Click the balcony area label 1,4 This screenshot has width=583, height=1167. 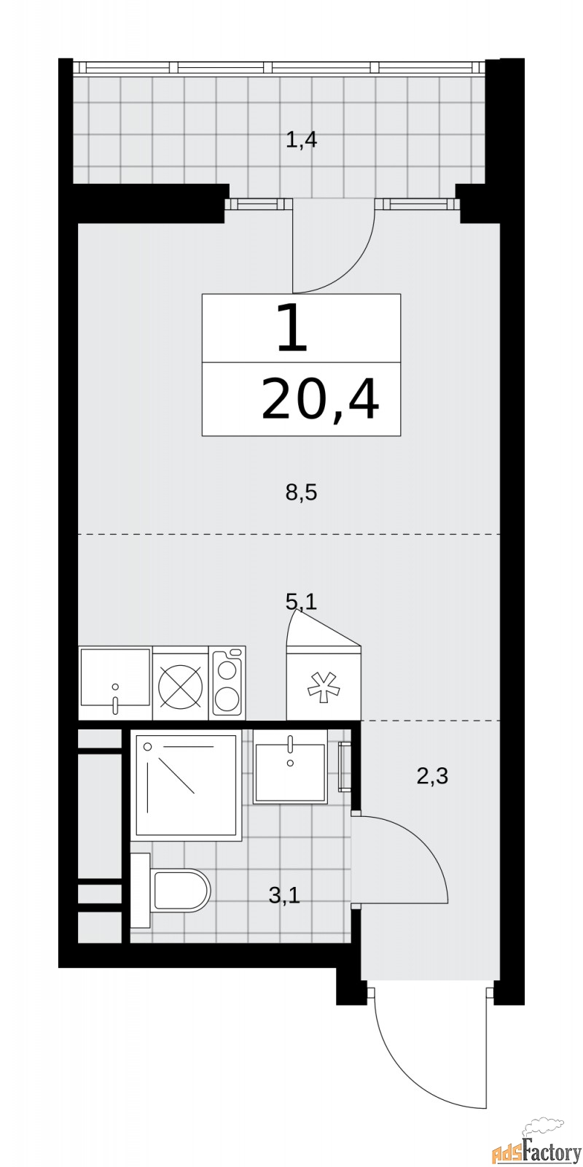click(x=301, y=139)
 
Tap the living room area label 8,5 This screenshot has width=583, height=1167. click(x=301, y=494)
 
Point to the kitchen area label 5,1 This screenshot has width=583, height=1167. click(x=301, y=602)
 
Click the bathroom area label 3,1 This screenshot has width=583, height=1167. click(x=284, y=895)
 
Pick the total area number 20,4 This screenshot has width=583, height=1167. click(x=320, y=400)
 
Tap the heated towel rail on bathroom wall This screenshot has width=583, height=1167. click(x=345, y=766)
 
